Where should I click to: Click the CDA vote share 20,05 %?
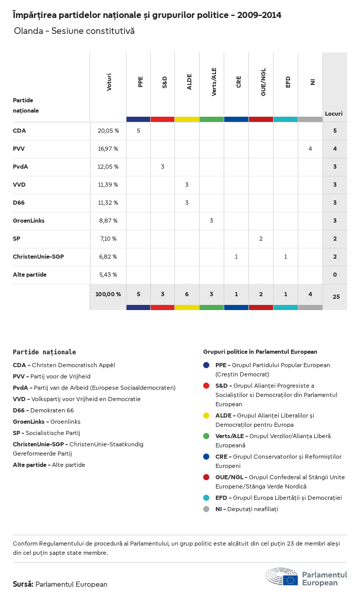[108, 131]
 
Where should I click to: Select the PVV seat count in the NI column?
[310, 149]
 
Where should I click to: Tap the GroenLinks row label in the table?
[29, 221]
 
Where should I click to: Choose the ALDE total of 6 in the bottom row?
[187, 294]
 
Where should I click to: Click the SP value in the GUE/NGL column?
[261, 239]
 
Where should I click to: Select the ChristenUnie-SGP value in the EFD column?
[285, 257]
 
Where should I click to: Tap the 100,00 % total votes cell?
[108, 294]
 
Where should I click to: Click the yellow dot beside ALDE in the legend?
[206, 415]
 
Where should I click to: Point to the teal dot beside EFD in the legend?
[206, 498]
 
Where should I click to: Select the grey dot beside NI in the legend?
[206, 509]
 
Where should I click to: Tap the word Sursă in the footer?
[23, 584]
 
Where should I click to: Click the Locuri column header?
[334, 114]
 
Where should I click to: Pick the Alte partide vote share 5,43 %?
[108, 275]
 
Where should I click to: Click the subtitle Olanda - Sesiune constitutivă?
[74, 31]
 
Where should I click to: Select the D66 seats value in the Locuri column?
[335, 203]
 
